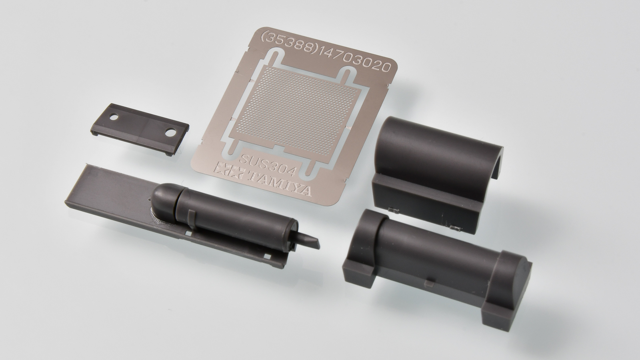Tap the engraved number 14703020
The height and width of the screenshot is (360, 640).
pos(354,60)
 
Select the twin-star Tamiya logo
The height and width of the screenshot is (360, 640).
pos(230,171)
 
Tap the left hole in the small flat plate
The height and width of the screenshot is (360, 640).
pos(114,117)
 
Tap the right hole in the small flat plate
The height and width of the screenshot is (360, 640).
pos(170,132)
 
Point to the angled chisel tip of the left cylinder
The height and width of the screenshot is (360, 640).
pos(308,243)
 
